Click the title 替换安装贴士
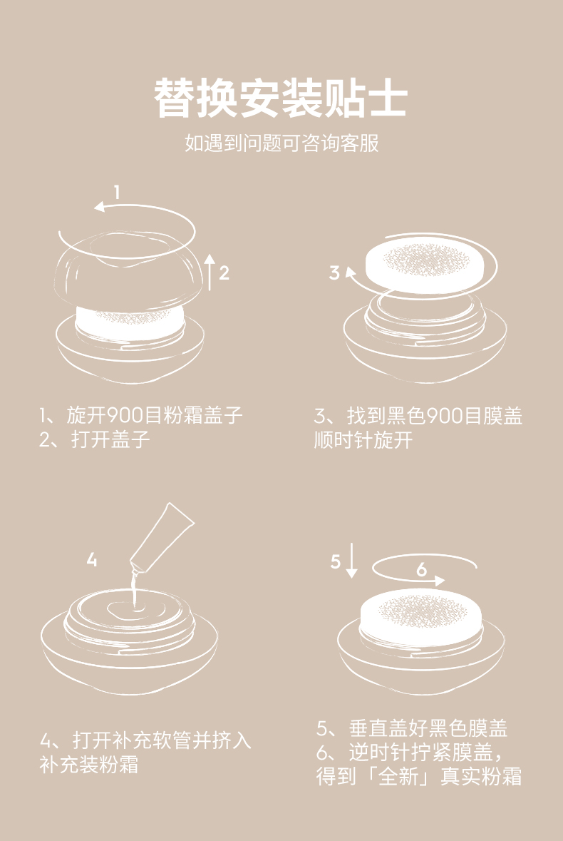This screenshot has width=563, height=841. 281,98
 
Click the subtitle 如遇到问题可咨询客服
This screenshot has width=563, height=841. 281,143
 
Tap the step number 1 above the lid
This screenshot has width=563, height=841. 117,191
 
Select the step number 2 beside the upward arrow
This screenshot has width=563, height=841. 224,272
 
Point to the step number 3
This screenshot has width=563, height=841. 335,272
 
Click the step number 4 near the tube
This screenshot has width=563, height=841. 92,560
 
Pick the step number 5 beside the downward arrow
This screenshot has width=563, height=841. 336,561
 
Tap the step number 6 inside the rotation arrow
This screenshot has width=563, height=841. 421,569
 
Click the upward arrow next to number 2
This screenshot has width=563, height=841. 210,271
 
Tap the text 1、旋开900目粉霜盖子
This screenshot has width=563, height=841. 141,415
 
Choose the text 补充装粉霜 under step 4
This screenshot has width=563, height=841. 89,765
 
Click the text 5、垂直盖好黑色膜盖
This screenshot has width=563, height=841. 412,728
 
